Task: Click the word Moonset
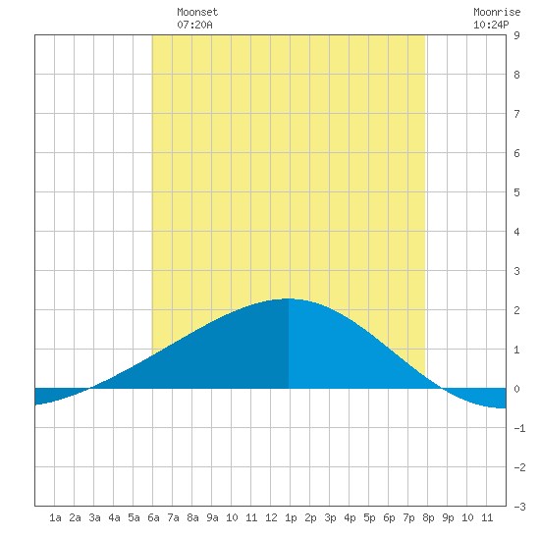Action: (197, 12)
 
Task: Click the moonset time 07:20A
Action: (195, 25)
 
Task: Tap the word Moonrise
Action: (497, 12)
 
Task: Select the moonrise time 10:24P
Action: (491, 25)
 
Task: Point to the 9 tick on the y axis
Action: (516, 35)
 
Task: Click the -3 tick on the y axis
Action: (519, 507)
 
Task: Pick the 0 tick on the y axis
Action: (516, 389)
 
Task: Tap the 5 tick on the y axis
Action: (516, 192)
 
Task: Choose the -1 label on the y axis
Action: (519, 428)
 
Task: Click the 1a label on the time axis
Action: (55, 517)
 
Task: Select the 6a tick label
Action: (153, 517)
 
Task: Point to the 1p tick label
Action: (291, 517)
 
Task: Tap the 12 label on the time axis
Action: (271, 517)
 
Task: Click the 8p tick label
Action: (428, 517)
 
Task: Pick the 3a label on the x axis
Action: (94, 517)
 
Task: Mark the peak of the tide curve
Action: (289, 298)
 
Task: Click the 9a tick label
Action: (212, 517)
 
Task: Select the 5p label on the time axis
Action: (369, 517)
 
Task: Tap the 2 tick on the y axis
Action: (516, 310)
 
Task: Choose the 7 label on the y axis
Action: (516, 114)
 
